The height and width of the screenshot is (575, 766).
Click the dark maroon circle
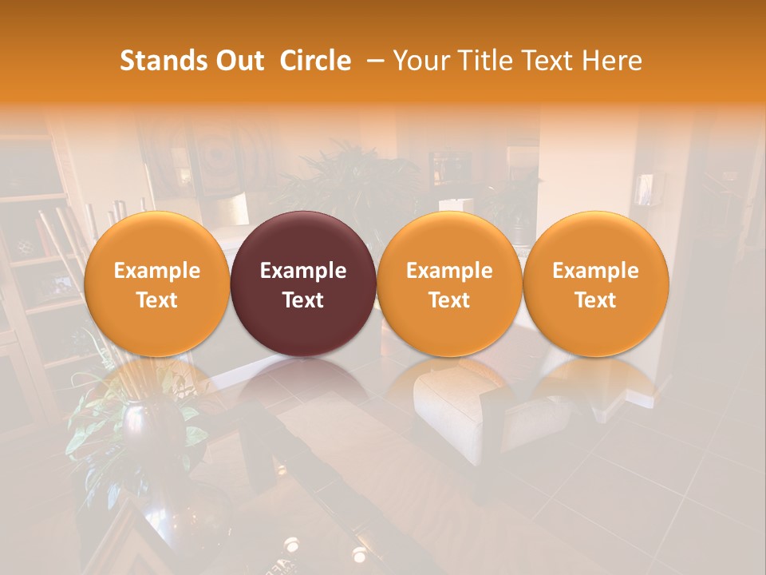pyautogui.click(x=303, y=284)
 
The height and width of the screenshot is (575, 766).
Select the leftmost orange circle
pyautogui.click(x=156, y=284)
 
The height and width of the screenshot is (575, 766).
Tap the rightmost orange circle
pyautogui.click(x=596, y=284)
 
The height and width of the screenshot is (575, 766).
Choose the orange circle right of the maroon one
pyautogui.click(x=449, y=284)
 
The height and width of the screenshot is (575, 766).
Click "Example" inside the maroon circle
pyautogui.click(x=303, y=271)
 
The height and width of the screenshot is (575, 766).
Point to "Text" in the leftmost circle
pyautogui.click(x=156, y=300)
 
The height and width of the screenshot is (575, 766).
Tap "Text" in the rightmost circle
pyautogui.click(x=596, y=300)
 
